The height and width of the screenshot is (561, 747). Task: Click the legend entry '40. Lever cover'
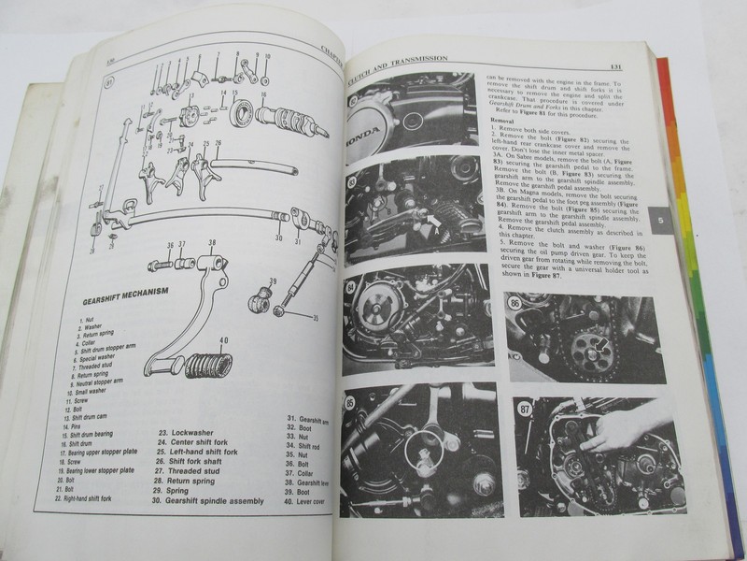[312, 501]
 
